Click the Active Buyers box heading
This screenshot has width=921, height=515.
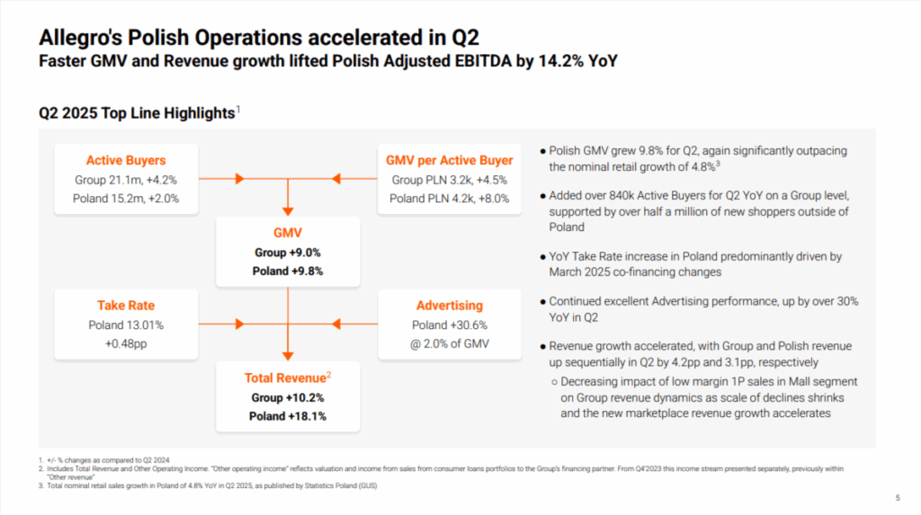[126, 160]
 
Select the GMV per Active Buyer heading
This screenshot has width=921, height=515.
[449, 160]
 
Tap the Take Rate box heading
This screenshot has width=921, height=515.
[126, 306]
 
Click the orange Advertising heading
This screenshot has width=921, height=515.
[449, 306]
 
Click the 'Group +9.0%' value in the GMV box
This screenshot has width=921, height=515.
[288, 253]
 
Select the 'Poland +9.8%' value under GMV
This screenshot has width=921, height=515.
[288, 271]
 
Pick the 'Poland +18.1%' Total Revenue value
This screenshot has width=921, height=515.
[288, 416]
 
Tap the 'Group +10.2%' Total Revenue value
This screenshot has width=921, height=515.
[288, 397]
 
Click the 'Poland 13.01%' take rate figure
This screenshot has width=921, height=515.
[126, 324]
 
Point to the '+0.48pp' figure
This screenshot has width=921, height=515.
[126, 343]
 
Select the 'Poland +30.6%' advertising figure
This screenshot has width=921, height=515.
[449, 324]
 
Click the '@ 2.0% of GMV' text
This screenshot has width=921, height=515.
[449, 343]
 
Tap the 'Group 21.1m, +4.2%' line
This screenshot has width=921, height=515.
[126, 179]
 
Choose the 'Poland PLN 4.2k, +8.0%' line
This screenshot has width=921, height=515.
[449, 198]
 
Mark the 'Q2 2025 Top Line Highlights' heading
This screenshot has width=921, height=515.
[137, 113]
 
